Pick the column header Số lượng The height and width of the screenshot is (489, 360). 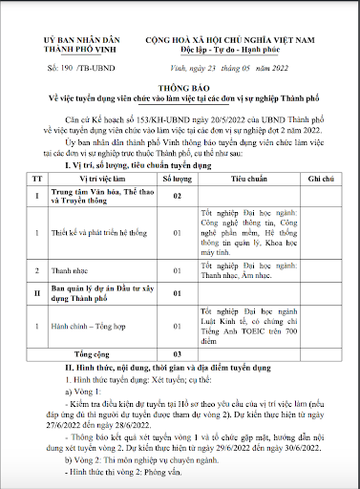click(x=175, y=178)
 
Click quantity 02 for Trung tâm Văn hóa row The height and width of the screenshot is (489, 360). click(x=175, y=196)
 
